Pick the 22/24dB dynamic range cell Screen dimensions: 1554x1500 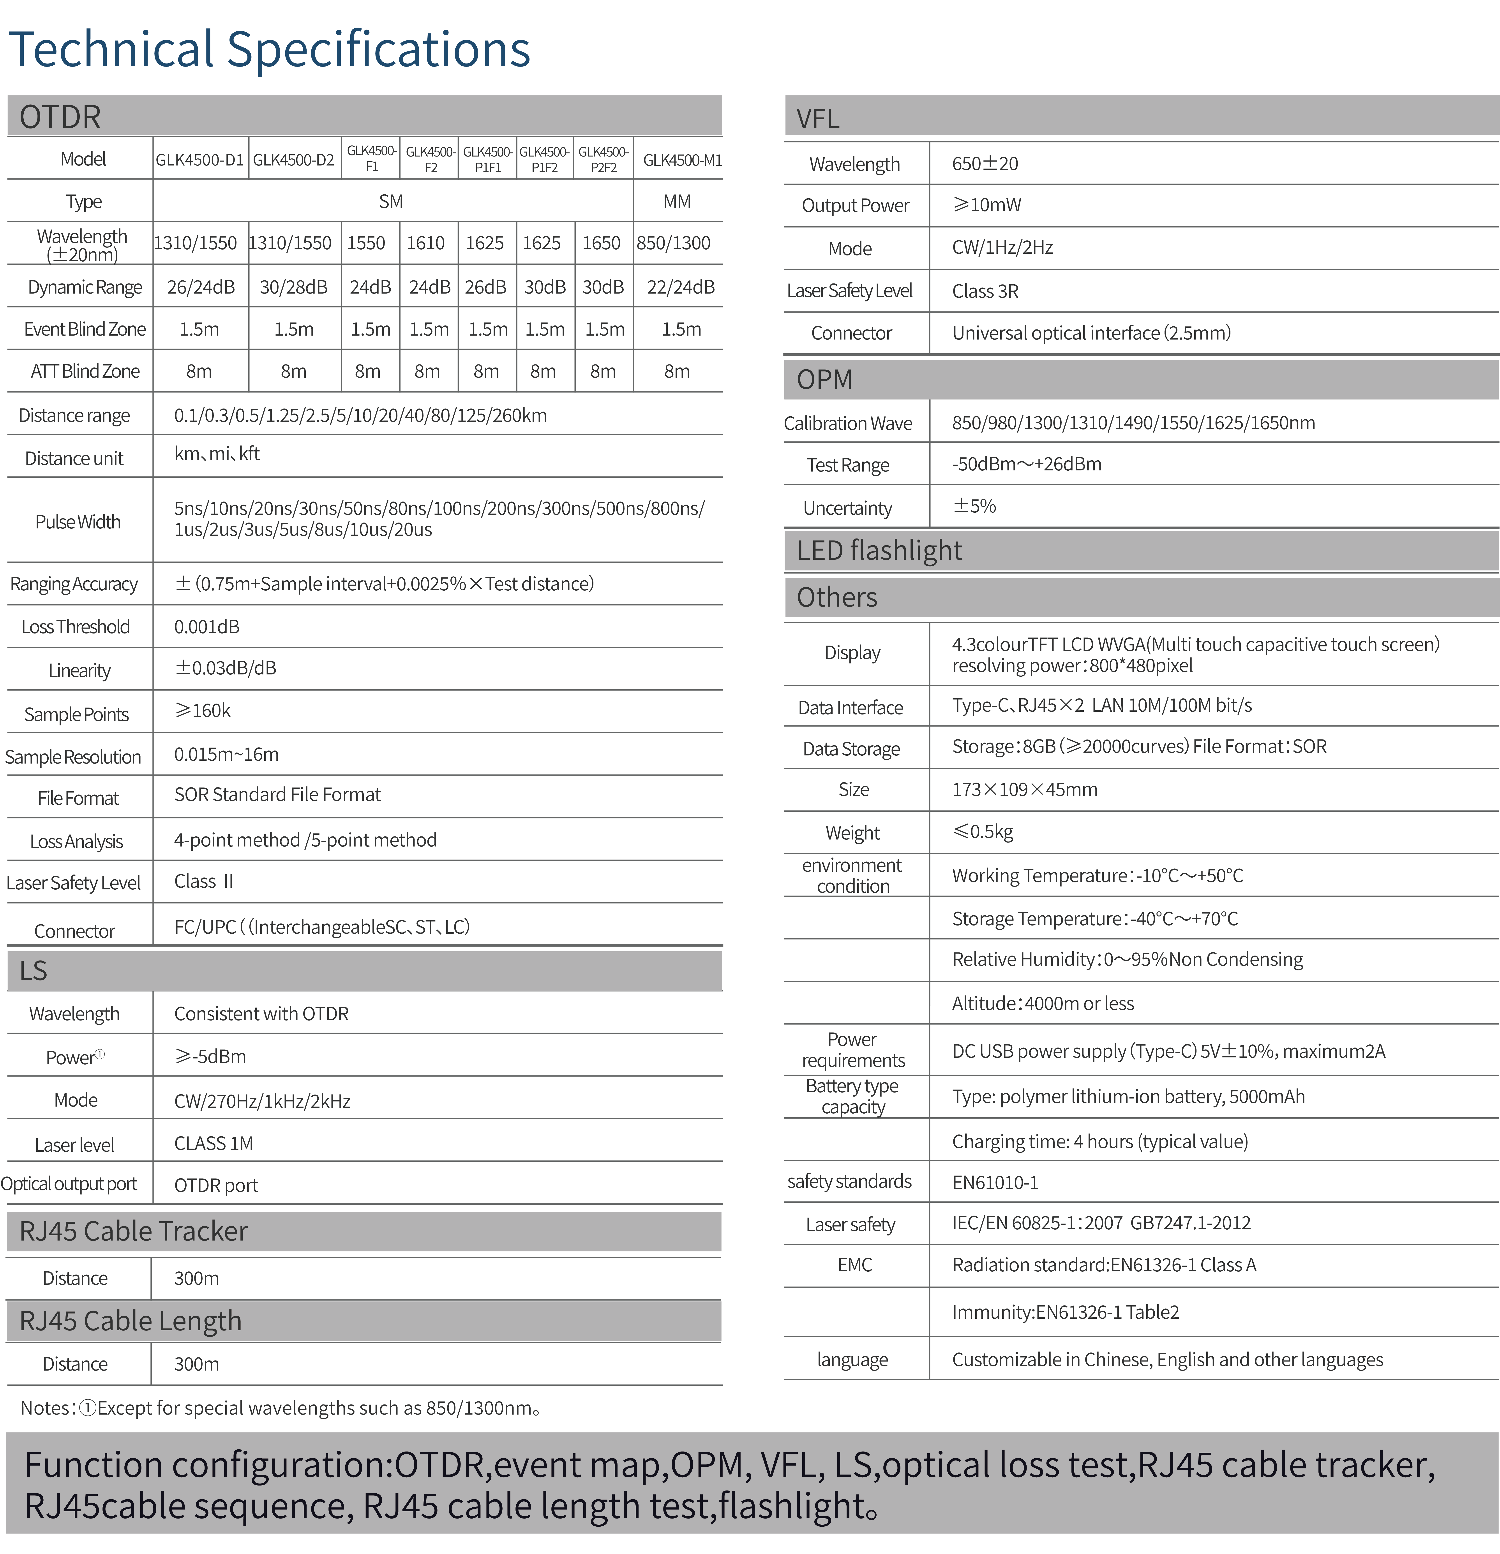[x=680, y=287]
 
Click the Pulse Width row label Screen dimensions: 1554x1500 [x=78, y=522]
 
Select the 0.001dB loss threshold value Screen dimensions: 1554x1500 [x=206, y=626]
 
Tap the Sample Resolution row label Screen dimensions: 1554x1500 [x=73, y=757]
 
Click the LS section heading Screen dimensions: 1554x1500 [x=33, y=970]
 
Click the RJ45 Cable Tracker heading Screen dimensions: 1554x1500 [x=133, y=1230]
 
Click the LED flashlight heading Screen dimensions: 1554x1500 [x=879, y=550]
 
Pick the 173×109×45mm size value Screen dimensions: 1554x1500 [x=1024, y=790]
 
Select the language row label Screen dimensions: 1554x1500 [x=852, y=1360]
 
